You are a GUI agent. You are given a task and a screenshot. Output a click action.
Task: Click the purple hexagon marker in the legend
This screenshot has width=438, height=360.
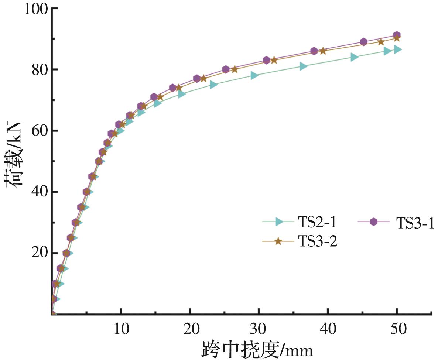[374, 222]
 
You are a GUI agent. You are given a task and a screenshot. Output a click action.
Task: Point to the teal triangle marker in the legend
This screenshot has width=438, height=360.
[280, 222]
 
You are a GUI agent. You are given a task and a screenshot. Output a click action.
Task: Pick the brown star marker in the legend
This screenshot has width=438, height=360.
[278, 241]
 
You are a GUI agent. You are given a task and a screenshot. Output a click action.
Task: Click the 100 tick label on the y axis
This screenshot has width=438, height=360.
[36, 8]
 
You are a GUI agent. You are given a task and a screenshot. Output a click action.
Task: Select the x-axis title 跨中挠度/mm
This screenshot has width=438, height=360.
[257, 349]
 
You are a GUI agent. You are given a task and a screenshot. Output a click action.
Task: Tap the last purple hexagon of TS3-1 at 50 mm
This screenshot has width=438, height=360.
[397, 35]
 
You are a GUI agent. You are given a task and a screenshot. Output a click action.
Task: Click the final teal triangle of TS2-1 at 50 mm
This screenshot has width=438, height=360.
[398, 49]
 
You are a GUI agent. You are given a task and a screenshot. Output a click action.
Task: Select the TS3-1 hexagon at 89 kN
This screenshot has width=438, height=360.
[364, 42]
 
